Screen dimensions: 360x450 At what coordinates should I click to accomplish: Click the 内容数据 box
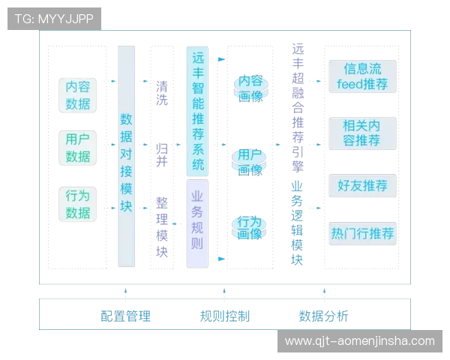(78, 95)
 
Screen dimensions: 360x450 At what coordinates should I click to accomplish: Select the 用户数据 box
(78, 148)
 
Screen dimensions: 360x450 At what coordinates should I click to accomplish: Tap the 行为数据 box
(78, 204)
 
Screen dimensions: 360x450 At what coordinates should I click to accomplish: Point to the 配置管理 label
(125, 316)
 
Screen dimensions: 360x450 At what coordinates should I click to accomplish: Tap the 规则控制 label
(225, 316)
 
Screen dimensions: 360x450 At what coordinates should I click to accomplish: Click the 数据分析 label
(323, 316)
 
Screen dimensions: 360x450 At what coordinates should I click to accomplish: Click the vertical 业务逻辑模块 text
(298, 223)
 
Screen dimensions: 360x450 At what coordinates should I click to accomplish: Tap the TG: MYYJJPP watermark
(54, 18)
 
